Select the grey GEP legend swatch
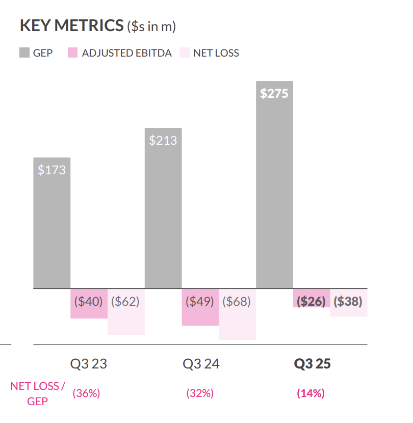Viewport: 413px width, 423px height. (24, 52)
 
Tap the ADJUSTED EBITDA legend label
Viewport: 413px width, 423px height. (127, 53)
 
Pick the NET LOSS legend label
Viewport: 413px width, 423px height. (216, 53)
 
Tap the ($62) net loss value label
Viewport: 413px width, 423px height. (125, 301)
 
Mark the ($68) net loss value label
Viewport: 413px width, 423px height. (237, 301)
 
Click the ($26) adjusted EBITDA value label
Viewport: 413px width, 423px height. (311, 301)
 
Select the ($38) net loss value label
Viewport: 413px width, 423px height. (348, 301)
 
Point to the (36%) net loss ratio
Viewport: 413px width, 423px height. (86, 393)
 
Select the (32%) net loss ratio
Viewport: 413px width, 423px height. (199, 393)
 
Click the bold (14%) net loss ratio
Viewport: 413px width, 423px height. (311, 393)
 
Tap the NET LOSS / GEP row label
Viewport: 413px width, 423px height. (38, 393)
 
